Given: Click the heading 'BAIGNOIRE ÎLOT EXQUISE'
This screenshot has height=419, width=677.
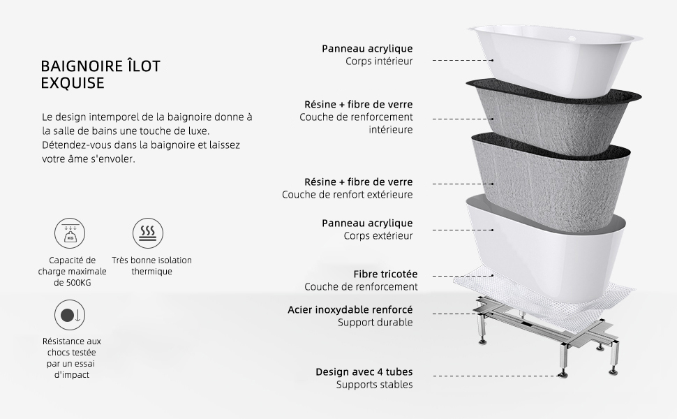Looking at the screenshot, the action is point(101,75).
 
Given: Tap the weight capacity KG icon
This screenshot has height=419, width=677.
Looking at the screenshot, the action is point(70,233).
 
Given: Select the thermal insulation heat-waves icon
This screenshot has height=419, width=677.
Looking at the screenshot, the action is point(147,233).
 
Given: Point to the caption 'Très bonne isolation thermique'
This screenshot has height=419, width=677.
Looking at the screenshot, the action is point(151,266).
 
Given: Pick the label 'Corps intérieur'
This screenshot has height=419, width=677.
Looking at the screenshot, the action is point(379,61).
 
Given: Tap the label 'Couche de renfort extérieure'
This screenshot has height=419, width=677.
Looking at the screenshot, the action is point(347,195).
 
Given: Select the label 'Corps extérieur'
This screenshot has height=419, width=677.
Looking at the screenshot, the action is point(378,236).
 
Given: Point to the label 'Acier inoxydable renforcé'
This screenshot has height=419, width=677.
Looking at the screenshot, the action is point(350,309).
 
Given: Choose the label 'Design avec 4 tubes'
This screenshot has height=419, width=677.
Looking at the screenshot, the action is point(364,372).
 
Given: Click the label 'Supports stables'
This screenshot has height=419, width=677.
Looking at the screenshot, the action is point(374,385).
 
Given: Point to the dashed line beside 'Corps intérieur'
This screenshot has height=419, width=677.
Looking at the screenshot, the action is point(454,61).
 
